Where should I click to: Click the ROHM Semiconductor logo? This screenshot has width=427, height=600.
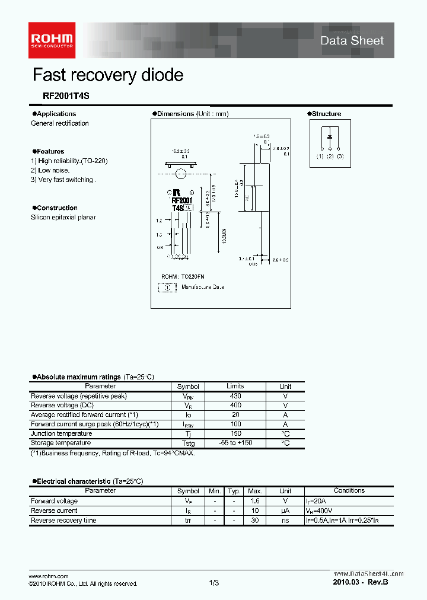[x=52, y=36]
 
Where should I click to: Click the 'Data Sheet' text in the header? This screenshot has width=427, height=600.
[x=352, y=40]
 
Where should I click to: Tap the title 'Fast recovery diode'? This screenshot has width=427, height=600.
[x=107, y=75]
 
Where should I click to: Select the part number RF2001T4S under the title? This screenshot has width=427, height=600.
[x=58, y=95]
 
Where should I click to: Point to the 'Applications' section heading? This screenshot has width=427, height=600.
[x=56, y=114]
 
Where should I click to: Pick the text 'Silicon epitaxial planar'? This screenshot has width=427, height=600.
[x=63, y=218]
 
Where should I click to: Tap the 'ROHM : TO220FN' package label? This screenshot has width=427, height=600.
[x=183, y=277]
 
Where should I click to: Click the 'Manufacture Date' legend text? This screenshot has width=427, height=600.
[x=202, y=287]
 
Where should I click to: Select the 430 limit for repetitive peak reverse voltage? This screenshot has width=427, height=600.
[x=235, y=396]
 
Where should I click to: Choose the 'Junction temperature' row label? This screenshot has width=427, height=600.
[x=61, y=433]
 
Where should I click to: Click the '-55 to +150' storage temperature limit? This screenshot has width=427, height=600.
[x=235, y=443]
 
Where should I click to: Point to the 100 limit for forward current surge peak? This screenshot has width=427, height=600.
[x=235, y=425]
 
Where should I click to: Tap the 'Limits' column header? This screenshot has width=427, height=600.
[x=235, y=386]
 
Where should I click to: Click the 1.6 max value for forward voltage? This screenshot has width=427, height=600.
[x=254, y=501]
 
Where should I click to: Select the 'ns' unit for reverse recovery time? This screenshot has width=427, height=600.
[x=285, y=521]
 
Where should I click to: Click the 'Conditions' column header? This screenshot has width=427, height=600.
[x=349, y=491]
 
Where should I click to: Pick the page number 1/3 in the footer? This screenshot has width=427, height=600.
[x=214, y=583]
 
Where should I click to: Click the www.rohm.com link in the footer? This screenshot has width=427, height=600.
[x=49, y=576]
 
